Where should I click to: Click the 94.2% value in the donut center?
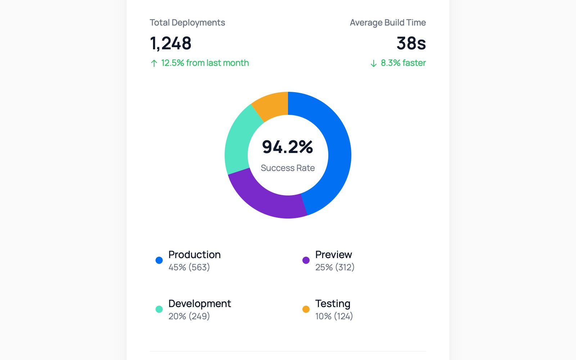(x=287, y=147)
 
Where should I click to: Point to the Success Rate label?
(x=288, y=168)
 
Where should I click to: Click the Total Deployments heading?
(x=187, y=23)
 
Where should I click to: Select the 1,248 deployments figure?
(x=171, y=43)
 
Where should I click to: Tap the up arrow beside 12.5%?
(x=154, y=63)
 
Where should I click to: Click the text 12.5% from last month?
(x=205, y=63)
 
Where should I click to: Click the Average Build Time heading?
(x=388, y=23)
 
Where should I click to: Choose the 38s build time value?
(x=411, y=43)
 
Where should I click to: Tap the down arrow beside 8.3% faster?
(x=374, y=63)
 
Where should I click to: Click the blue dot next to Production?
(x=159, y=260)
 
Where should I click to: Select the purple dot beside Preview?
(x=306, y=260)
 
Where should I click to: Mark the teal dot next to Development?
(x=159, y=309)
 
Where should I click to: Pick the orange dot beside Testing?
(x=306, y=309)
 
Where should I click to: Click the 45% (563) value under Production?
(x=189, y=267)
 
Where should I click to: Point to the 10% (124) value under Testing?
(x=334, y=316)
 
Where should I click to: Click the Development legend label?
(x=199, y=303)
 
